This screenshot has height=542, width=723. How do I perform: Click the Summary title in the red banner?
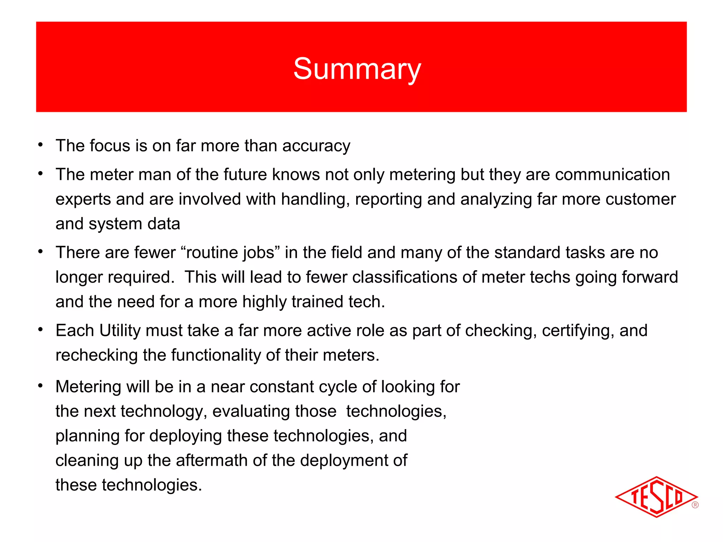click(x=357, y=69)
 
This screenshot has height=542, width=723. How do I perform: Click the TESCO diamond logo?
click(x=656, y=497)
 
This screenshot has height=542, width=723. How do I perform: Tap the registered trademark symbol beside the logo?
click(x=695, y=505)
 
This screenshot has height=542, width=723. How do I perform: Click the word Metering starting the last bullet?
click(x=88, y=387)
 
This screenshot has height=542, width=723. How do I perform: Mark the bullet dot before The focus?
click(x=41, y=145)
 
